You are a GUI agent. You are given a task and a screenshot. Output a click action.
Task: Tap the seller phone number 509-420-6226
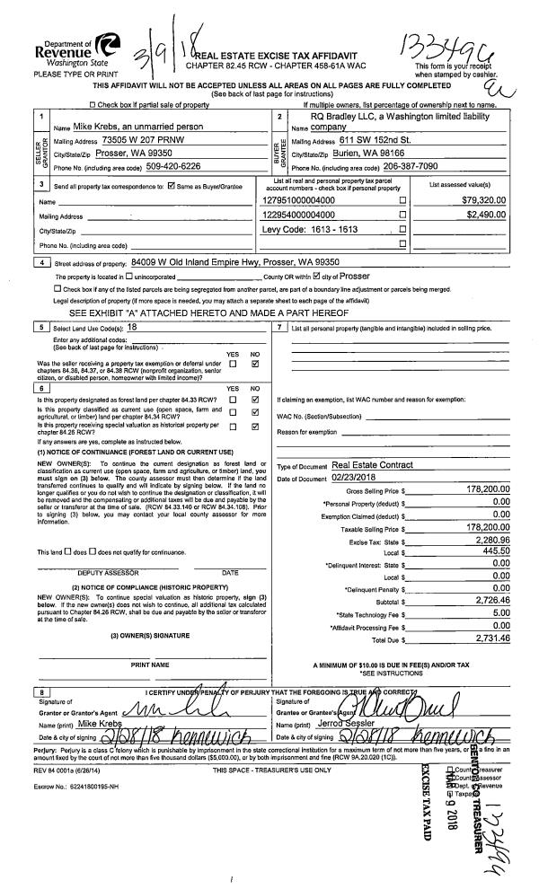pyautogui.click(x=153, y=166)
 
